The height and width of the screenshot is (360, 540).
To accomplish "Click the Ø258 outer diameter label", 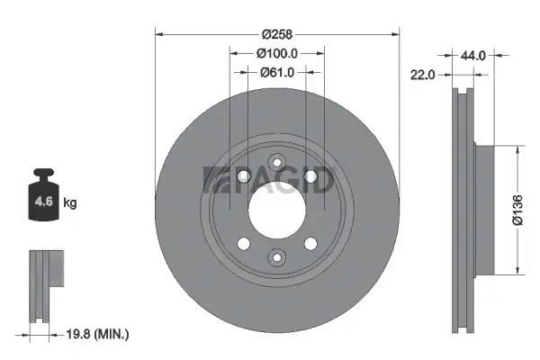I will tap(276, 34).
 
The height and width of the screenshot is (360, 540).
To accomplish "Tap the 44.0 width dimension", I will tap(473, 56).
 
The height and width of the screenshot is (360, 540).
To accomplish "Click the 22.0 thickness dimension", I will tap(423, 76).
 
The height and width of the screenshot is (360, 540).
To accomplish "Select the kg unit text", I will tap(70, 203).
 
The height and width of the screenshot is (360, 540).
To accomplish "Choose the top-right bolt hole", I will tap(311, 180).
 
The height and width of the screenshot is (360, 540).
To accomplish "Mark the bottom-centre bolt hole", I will tap(277, 258).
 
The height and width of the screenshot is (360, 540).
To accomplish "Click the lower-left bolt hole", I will tap(243, 244).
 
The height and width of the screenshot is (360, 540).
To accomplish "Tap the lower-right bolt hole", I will tap(311, 244).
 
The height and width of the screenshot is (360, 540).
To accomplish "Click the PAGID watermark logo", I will tap(270, 180).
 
